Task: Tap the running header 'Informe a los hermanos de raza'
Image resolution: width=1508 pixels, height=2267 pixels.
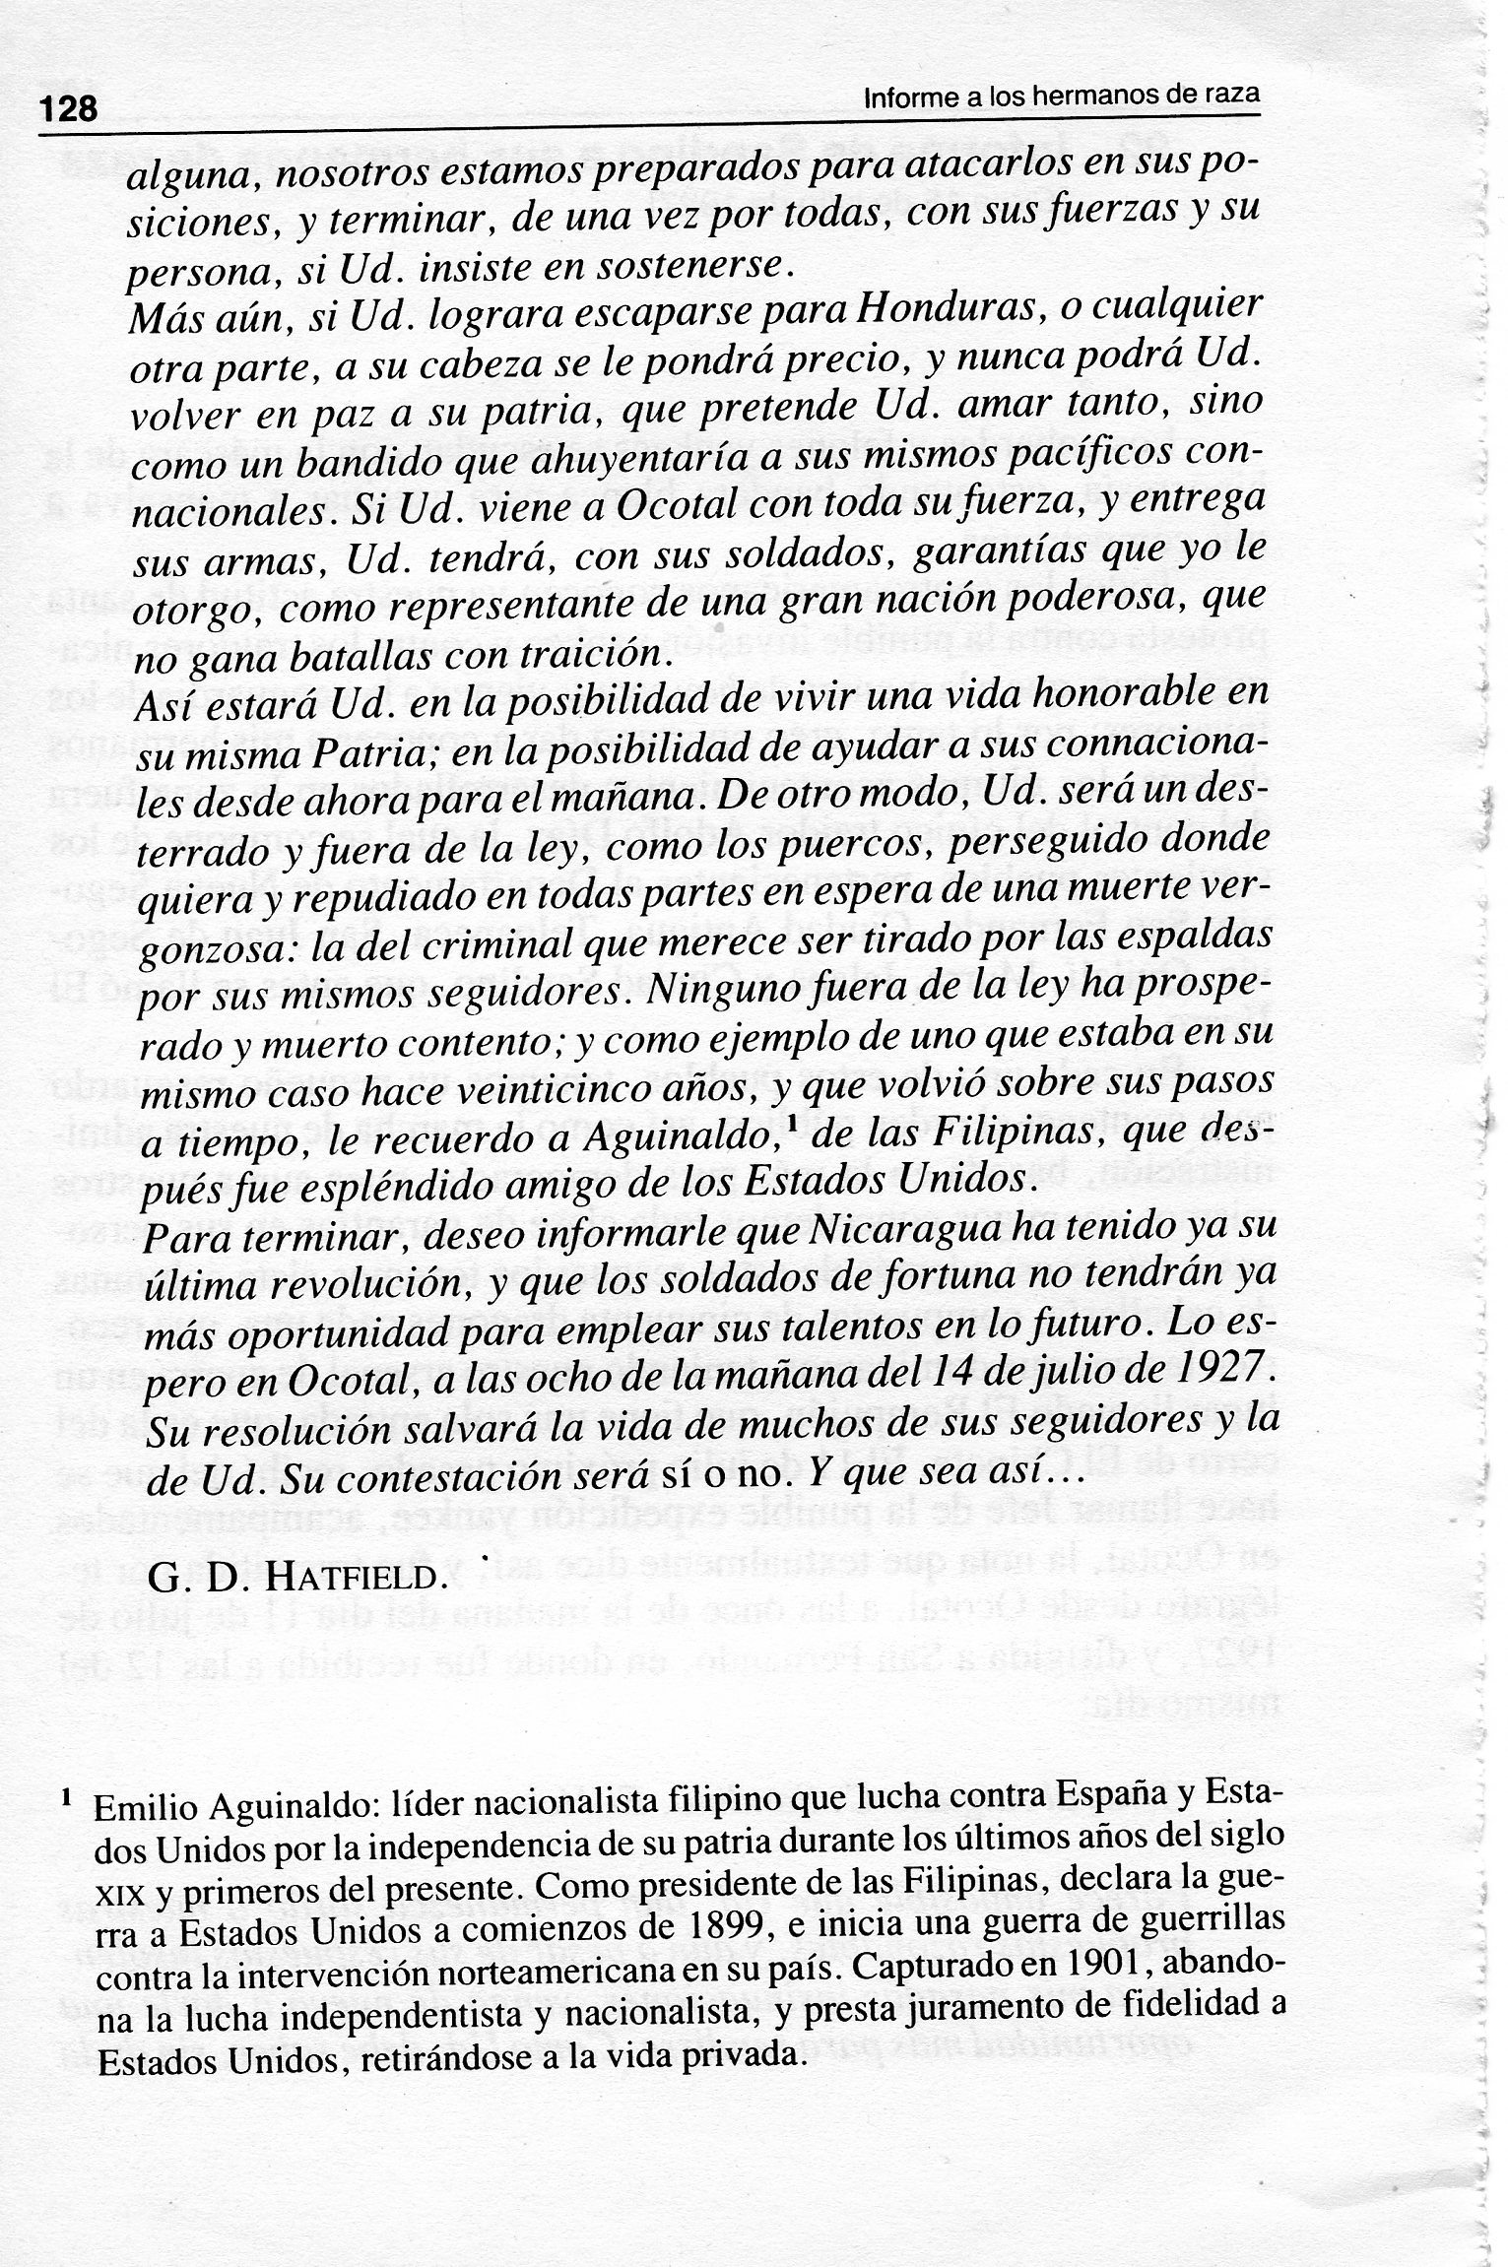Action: (x=1062, y=97)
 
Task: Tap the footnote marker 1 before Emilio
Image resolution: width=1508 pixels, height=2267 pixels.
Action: (x=65, y=1795)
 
